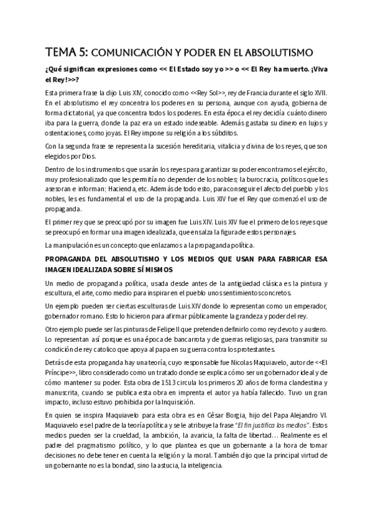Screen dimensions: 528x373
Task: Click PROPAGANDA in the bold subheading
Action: [x=70, y=260]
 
